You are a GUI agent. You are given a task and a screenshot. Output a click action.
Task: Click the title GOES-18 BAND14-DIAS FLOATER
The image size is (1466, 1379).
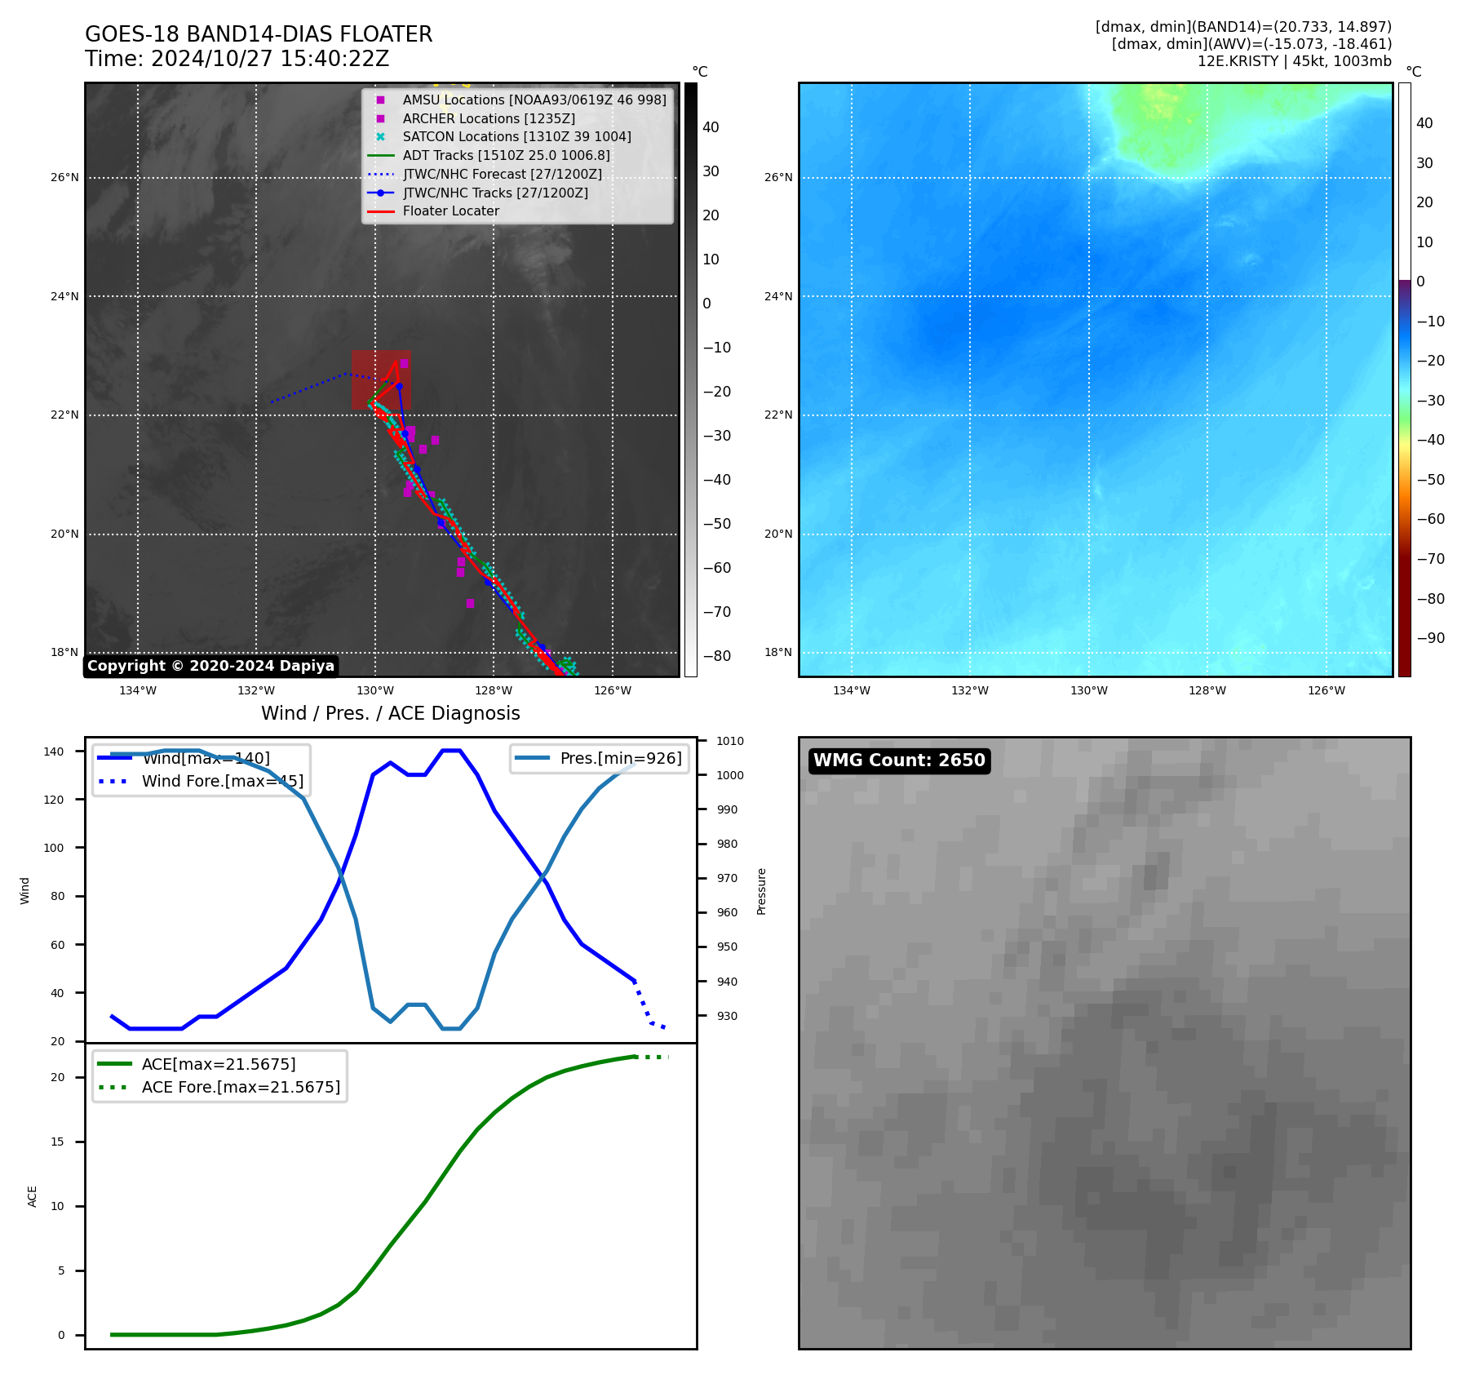pos(259,34)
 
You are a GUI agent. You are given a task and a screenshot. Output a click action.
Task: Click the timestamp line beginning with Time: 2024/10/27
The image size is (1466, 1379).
pos(237,60)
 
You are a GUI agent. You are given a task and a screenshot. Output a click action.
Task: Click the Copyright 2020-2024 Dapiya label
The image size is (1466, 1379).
pos(210,666)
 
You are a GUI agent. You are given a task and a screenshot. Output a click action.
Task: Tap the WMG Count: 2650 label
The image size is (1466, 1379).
pos(899,760)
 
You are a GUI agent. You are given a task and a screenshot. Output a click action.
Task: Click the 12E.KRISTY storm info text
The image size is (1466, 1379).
pos(1294,61)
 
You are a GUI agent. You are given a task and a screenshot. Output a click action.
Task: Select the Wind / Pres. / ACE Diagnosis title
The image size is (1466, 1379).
pos(390,713)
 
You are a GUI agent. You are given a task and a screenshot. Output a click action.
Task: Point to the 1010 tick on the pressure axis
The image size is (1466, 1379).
pos(730,741)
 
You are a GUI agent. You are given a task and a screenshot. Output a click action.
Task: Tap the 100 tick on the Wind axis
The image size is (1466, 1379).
pos(53,848)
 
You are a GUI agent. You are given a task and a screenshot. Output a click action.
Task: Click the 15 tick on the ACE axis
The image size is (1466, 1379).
pos(57,1142)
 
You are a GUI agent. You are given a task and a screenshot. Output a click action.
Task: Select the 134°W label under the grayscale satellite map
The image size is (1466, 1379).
pos(138,690)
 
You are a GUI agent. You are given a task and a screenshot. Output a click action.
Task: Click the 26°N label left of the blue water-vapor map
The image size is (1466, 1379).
pos(778,177)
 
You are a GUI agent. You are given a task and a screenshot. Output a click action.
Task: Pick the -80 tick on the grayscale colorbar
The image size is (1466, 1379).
pos(716,656)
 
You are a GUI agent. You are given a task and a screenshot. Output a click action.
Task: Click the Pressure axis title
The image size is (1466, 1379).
pos(761,891)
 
